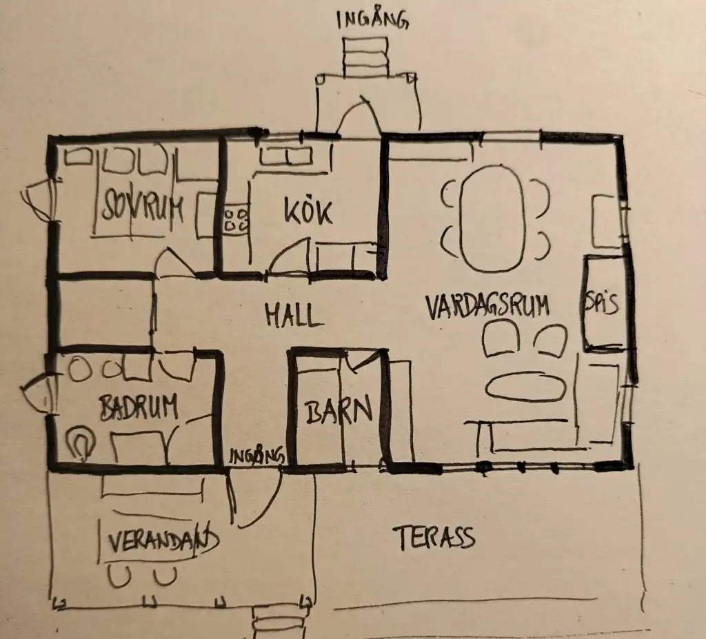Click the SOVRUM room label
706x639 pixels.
(x=143, y=207)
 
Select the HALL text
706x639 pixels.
(x=294, y=315)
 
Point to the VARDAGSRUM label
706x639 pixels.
(x=487, y=306)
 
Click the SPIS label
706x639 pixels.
(x=601, y=303)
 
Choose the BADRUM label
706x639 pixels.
(x=139, y=407)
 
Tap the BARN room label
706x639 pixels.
(x=339, y=409)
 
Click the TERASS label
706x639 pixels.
(x=435, y=538)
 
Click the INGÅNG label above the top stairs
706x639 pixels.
(x=373, y=20)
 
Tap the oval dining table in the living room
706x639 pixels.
(x=493, y=219)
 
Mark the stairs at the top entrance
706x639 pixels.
(x=365, y=57)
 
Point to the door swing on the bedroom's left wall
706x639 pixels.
(x=37, y=201)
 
